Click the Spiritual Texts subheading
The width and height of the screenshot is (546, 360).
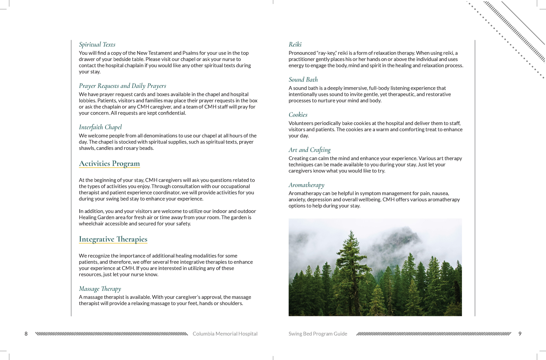coord(97,45)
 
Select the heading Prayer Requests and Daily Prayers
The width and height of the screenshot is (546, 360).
coord(122,86)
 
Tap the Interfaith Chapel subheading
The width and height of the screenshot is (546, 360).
coord(100,127)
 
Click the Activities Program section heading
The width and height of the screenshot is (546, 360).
coord(109,163)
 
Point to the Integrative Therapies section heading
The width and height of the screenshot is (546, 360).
coord(113,239)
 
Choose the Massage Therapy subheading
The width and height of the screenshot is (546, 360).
coord(100,289)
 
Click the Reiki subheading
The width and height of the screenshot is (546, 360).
coord(295,45)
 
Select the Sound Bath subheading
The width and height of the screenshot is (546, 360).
coord(303,80)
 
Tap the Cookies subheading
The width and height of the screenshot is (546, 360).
coord(298,115)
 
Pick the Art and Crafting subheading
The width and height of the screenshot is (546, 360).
coord(309,150)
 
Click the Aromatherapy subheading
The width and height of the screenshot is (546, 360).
coord(306,185)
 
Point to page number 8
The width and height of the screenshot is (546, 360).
coord(26,334)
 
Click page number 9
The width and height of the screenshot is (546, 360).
coord(520,334)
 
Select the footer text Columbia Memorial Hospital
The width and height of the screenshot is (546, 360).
coord(225,334)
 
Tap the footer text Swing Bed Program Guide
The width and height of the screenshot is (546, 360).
coord(318,334)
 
